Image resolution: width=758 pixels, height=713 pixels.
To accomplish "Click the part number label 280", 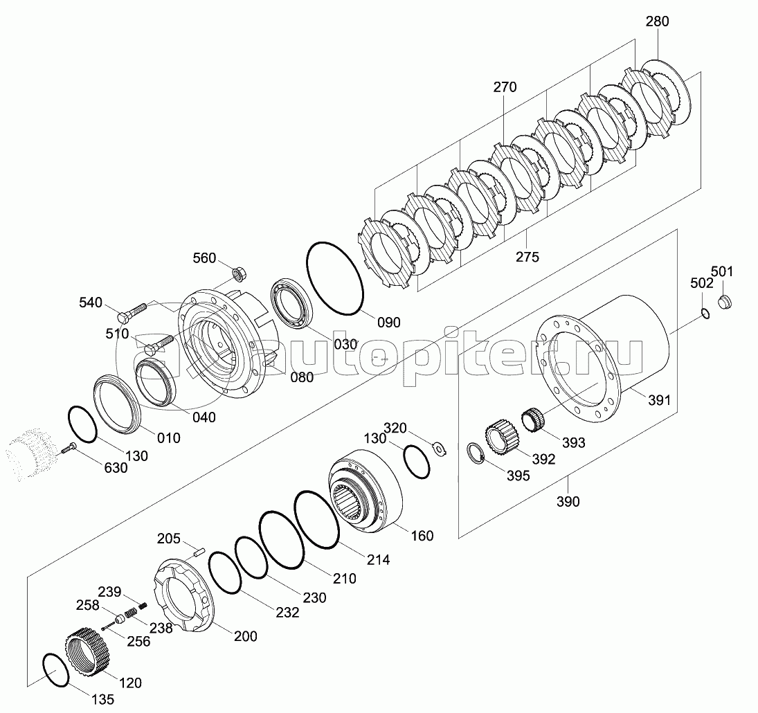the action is (x=658, y=21).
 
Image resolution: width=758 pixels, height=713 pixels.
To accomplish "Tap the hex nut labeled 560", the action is (x=239, y=273).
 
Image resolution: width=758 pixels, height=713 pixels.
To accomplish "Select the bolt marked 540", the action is (x=132, y=313).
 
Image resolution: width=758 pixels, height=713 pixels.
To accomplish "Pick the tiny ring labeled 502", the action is (x=705, y=314).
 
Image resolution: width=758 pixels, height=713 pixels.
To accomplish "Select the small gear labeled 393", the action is (x=534, y=418).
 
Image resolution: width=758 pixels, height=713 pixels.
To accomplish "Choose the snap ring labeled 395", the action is (x=476, y=454).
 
